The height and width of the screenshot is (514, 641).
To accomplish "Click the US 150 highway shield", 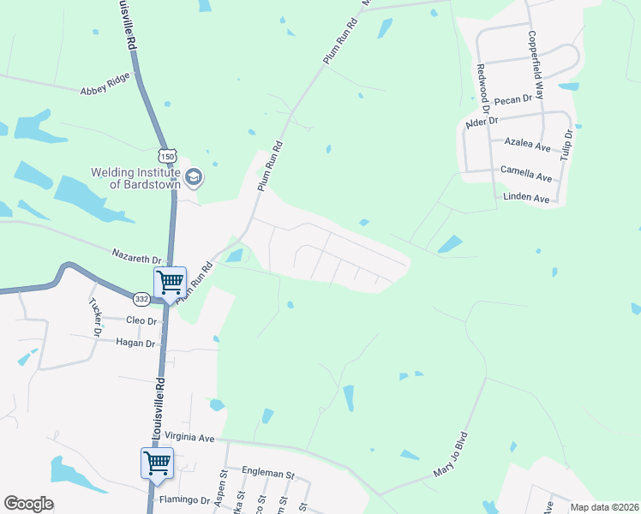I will (x=166, y=155).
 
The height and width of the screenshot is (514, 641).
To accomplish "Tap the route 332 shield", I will (x=141, y=299).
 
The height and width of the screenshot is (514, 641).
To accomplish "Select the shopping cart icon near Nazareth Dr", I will (x=170, y=281).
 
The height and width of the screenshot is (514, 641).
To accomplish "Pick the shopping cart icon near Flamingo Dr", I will (x=157, y=463).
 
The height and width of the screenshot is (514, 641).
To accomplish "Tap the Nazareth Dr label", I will (x=137, y=256).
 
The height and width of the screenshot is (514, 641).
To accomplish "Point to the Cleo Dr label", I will (x=141, y=320).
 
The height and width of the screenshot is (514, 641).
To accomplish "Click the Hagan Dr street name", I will (x=135, y=343).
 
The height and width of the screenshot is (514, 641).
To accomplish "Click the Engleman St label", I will (x=268, y=474).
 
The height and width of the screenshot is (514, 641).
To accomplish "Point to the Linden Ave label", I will (x=527, y=198).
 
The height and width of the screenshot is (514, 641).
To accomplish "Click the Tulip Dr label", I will (x=566, y=145).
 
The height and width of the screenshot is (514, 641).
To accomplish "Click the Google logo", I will (x=28, y=503).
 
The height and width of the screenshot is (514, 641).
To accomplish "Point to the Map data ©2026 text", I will (x=603, y=507).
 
